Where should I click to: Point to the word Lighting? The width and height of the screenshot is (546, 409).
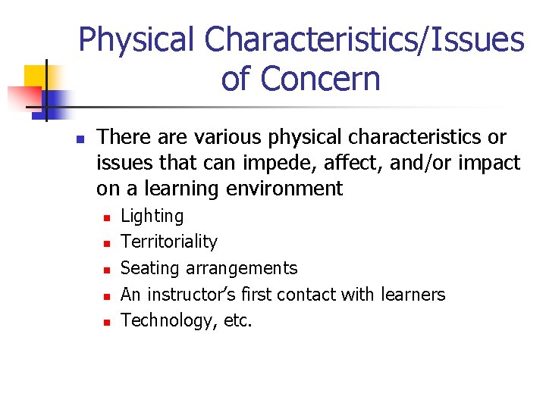tap(152, 217)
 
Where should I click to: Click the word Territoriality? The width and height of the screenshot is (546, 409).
tap(169, 242)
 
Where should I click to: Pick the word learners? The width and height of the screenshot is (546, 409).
tap(413, 294)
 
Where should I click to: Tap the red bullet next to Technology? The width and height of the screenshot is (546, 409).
tap(108, 322)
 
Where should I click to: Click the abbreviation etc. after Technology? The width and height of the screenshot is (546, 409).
tap(238, 321)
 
